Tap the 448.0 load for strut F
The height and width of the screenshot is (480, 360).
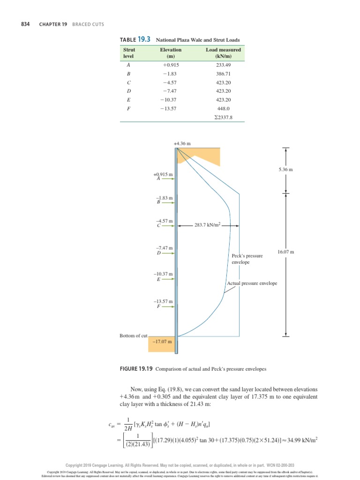coord(224,109)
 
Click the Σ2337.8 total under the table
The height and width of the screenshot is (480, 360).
coord(223,118)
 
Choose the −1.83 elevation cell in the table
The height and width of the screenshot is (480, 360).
coord(170,74)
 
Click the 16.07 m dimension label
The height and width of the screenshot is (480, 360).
coord(285,252)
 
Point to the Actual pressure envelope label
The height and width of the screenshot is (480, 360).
coord(252,283)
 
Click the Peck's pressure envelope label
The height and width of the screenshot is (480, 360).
coord(247,259)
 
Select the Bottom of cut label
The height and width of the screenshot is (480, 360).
coord(134,336)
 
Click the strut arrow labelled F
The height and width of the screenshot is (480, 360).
coord(168,307)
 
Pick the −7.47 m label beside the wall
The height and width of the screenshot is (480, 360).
coord(165,247)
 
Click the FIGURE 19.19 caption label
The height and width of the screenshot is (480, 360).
coord(136,369)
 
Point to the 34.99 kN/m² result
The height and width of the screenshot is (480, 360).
coord(299,441)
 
